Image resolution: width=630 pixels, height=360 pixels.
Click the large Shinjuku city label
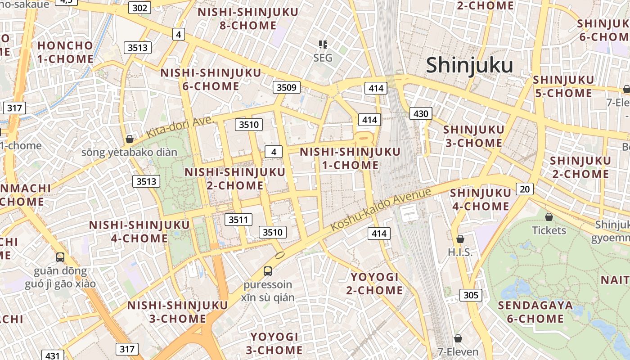[x=469, y=65]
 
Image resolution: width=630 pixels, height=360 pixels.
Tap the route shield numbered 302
[x=139, y=8]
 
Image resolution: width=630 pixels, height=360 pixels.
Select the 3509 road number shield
[x=286, y=87]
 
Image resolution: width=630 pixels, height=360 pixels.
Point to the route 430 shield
[x=421, y=113]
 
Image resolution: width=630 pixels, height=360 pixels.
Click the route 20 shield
[x=525, y=189]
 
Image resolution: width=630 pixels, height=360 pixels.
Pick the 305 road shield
[x=471, y=295]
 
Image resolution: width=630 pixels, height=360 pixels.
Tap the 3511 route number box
[x=238, y=220]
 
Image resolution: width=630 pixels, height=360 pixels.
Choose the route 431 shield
[x=52, y=355]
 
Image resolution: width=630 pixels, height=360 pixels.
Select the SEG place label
[x=323, y=58]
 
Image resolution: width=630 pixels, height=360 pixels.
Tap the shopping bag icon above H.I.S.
[x=460, y=239]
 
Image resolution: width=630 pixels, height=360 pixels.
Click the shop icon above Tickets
[x=549, y=217]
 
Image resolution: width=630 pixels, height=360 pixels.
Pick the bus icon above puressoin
[x=268, y=271]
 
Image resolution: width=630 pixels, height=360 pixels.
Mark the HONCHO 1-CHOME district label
[x=66, y=52]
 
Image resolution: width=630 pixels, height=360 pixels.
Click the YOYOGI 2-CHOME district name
[x=374, y=283]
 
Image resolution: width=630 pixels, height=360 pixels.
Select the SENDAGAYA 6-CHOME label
[x=535, y=312]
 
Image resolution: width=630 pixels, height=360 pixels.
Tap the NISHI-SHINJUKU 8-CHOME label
[x=248, y=19]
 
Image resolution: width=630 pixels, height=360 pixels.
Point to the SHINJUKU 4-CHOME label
[x=480, y=200]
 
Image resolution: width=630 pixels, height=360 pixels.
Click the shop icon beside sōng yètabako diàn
[x=130, y=139]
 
